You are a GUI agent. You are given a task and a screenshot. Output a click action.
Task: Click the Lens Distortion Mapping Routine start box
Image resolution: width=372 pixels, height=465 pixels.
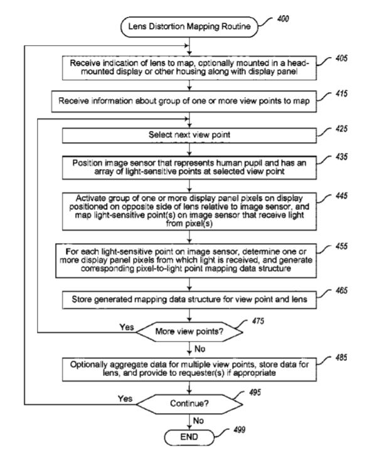(x=189, y=27)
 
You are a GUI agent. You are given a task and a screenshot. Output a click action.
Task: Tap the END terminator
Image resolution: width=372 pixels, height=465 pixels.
(x=189, y=437)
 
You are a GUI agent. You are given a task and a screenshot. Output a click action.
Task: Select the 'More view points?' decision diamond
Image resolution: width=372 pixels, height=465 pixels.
(x=189, y=332)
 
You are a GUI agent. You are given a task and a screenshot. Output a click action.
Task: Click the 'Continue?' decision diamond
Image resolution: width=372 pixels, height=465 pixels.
(x=189, y=404)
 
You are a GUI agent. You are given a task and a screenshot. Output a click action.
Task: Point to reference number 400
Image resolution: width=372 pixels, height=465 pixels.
(x=283, y=19)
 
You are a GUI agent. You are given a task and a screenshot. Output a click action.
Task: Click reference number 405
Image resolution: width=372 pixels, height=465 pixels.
(x=341, y=58)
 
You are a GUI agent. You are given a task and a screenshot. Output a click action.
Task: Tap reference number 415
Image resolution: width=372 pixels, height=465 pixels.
(x=341, y=94)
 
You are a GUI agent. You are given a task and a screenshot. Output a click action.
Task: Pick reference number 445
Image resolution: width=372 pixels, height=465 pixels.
(x=341, y=196)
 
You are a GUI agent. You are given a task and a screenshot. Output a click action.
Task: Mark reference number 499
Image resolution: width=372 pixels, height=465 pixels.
(x=239, y=430)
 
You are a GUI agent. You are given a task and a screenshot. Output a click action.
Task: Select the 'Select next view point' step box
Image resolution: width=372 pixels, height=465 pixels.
(x=189, y=135)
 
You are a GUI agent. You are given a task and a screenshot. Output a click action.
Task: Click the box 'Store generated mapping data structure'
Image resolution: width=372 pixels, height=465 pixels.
(x=189, y=300)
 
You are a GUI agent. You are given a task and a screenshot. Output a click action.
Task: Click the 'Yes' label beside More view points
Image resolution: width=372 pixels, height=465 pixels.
(x=127, y=327)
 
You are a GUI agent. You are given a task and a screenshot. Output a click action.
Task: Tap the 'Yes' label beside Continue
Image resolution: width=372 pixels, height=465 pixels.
(x=125, y=399)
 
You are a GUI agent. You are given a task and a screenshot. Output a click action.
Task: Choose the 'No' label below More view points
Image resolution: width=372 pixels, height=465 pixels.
(x=200, y=348)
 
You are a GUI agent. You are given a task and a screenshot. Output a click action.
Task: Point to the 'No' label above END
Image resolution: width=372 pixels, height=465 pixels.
(x=198, y=421)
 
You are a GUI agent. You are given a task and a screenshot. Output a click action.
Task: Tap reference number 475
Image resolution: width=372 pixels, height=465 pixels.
(x=258, y=321)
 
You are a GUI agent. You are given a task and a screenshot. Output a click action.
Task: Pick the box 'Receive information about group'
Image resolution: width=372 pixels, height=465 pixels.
(x=184, y=102)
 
